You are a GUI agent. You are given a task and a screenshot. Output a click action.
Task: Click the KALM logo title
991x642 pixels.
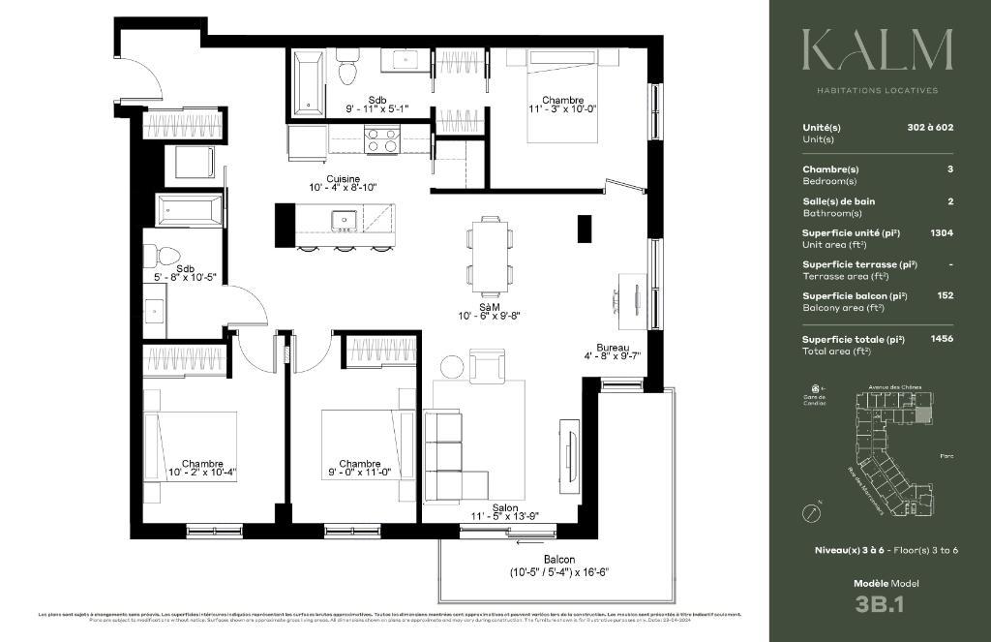pos(878,50)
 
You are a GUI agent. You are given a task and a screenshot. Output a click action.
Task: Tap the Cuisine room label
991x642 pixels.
pos(343,179)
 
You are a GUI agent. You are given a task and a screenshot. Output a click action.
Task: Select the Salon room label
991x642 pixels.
pos(504,507)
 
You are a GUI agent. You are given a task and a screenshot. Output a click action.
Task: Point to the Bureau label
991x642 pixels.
pos(613,348)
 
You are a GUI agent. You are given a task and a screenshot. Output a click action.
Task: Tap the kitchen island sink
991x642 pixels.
pos(344,221)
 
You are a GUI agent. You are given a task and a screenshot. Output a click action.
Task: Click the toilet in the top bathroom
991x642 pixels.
pos(347,71)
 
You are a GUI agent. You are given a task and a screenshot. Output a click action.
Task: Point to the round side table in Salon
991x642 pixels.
pos(453,367)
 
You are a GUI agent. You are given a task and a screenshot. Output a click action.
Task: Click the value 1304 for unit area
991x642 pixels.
pos(942,233)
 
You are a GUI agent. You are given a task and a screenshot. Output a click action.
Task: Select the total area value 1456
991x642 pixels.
pos(942,340)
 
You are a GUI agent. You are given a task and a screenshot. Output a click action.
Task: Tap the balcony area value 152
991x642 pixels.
pos(946,295)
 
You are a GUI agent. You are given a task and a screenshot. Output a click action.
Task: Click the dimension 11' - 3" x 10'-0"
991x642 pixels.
pos(562,110)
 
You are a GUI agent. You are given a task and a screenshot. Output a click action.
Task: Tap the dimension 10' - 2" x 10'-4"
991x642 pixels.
pos(202,473)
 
